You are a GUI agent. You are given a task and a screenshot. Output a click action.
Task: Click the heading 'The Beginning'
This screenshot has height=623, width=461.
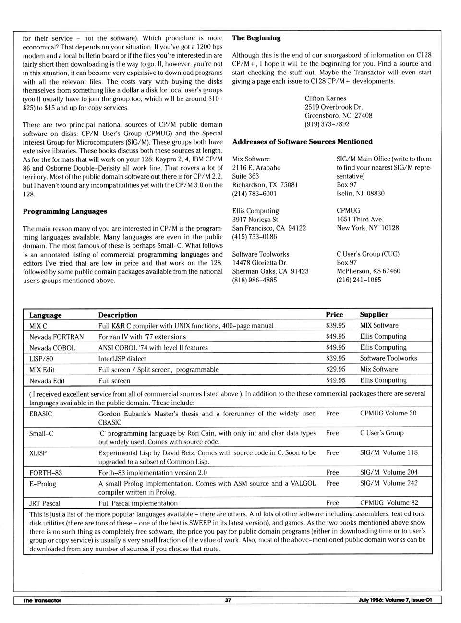(x=256, y=38)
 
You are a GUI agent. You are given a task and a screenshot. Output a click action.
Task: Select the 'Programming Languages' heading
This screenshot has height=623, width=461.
(x=65, y=211)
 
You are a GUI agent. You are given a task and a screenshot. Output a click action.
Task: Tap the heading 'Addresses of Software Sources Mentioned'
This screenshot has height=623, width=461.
(x=302, y=142)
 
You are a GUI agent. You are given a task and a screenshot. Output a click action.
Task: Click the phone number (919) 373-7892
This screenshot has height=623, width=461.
(x=327, y=124)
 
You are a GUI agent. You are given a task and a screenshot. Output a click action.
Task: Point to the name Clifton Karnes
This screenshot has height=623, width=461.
(x=325, y=98)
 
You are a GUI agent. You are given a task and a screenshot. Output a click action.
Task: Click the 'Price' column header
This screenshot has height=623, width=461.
(x=334, y=315)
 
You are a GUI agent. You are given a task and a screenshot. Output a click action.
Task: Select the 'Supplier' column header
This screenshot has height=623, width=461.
(x=374, y=315)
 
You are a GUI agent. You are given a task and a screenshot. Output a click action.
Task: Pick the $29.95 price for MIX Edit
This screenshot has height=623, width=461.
(x=335, y=369)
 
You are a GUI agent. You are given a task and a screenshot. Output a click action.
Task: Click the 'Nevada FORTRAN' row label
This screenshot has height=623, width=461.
(x=56, y=337)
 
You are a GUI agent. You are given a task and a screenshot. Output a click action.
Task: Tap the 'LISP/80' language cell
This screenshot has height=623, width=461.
(x=41, y=359)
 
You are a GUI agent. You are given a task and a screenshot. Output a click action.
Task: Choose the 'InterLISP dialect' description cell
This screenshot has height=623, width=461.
(x=122, y=359)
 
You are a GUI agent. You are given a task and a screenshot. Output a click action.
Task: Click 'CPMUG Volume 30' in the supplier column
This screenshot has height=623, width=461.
(x=388, y=413)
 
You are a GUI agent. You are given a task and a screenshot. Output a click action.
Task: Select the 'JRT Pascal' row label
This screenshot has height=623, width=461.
(x=45, y=503)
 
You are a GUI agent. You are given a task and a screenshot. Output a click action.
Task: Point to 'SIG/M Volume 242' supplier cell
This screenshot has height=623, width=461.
(x=388, y=483)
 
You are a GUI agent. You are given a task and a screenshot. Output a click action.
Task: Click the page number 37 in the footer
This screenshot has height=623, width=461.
(x=228, y=600)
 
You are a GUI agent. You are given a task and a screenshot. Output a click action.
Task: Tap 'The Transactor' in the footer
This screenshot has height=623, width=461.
(x=42, y=600)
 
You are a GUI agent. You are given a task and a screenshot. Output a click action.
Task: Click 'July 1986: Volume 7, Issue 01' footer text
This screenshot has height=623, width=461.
(x=395, y=600)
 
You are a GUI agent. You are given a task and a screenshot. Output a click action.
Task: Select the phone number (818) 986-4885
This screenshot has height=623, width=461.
(x=255, y=280)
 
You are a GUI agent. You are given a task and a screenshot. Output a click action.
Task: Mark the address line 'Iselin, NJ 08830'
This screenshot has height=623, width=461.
(x=361, y=194)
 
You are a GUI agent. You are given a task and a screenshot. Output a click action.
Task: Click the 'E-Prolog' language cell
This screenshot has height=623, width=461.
(x=43, y=484)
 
